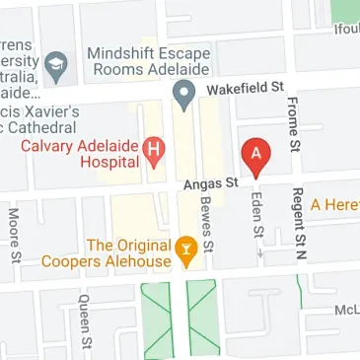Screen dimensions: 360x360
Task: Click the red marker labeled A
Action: click(255, 156)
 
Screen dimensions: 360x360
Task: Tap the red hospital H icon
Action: click(153, 150)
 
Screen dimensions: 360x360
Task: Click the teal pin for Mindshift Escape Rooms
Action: click(181, 94)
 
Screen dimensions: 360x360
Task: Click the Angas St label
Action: click(211, 182)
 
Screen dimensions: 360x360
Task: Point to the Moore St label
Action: click(14, 236)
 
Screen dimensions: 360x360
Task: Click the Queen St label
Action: click(87, 323)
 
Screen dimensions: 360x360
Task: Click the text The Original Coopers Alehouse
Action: click(128, 252)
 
